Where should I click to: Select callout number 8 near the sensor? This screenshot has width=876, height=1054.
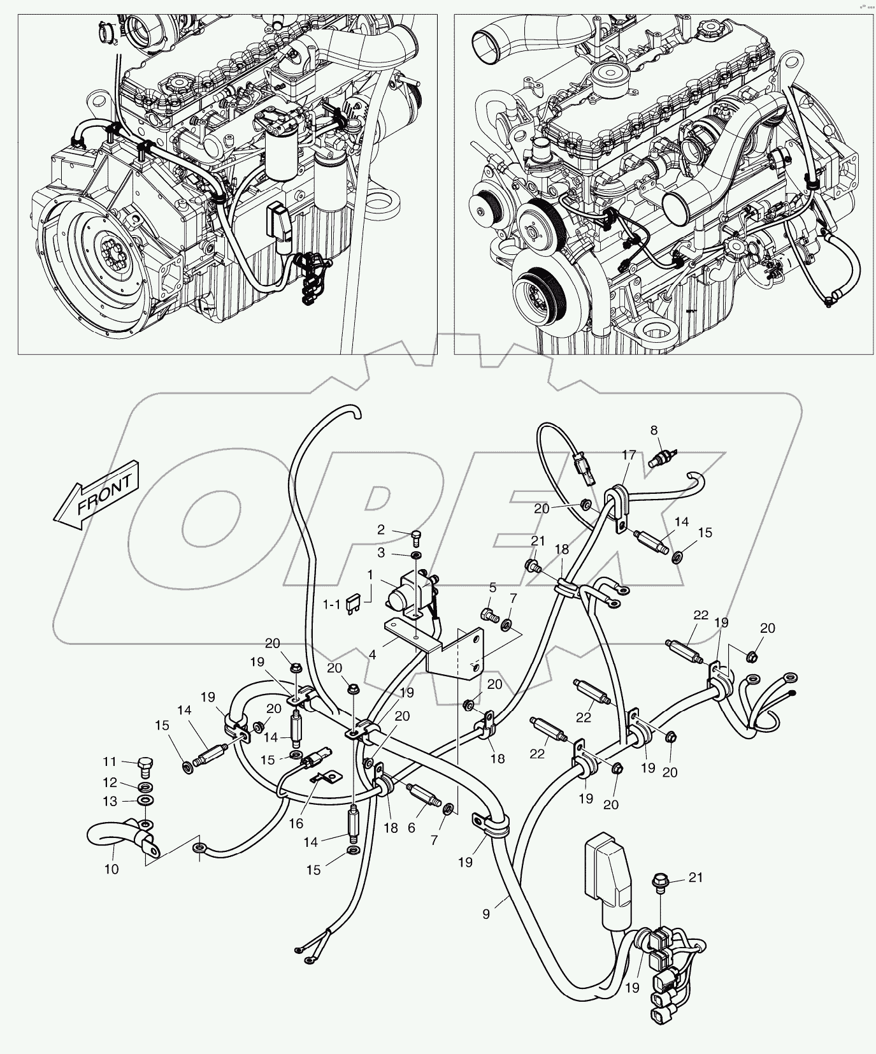[654, 430]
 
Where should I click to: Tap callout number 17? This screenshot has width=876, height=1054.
[629, 455]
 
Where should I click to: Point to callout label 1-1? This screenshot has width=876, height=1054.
[331, 603]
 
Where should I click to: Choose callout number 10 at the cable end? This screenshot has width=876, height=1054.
[111, 869]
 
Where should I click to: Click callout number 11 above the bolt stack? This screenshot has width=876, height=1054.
[110, 761]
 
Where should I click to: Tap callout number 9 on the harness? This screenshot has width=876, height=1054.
[486, 914]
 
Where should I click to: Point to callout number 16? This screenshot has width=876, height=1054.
[296, 824]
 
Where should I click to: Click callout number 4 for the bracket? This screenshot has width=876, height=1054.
[372, 654]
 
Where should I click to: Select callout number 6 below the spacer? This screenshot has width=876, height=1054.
[411, 828]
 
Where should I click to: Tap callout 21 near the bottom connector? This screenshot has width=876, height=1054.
[696, 877]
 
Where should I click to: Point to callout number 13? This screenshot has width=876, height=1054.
[110, 800]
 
